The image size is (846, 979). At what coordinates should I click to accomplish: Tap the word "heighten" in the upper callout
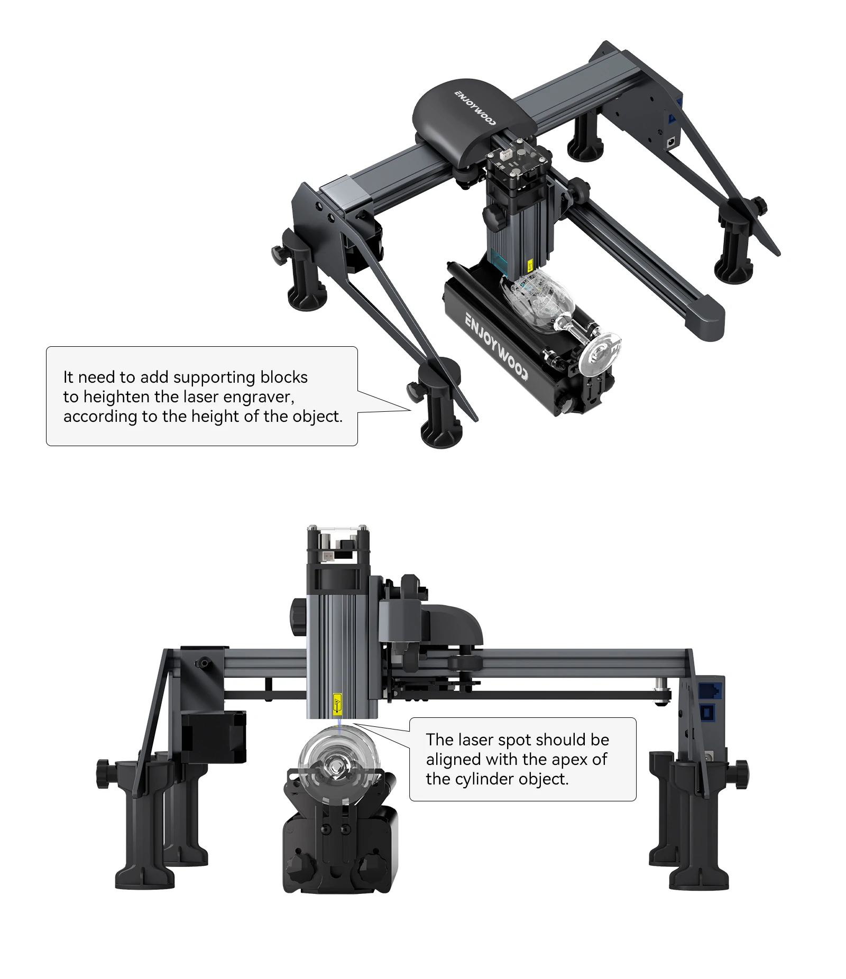[117, 397]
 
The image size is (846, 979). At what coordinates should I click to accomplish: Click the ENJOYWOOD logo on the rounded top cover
[474, 108]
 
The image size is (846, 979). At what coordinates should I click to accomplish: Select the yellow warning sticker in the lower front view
[337, 705]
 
